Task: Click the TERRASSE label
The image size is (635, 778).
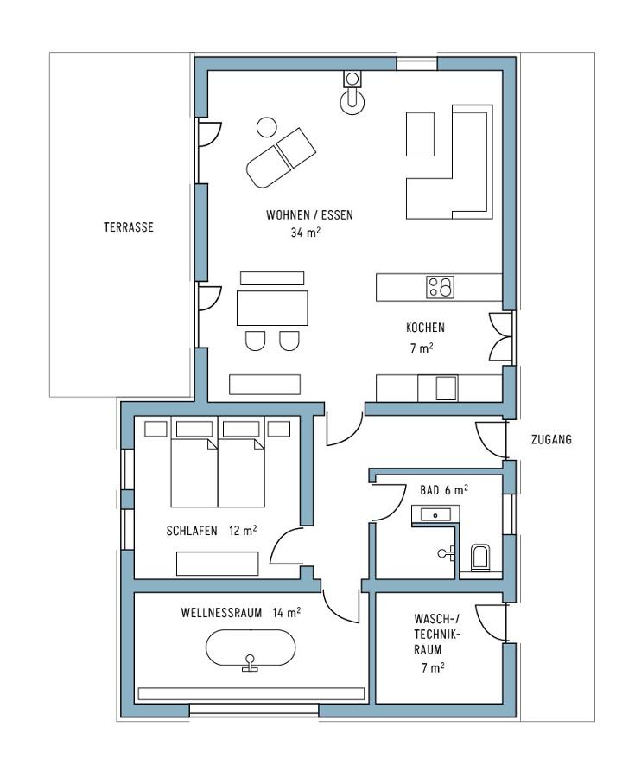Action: point(129,227)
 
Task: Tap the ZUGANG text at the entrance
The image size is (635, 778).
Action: point(551,439)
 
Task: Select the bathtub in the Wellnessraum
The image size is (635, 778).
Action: point(251,648)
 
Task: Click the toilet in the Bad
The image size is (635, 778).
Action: point(479,558)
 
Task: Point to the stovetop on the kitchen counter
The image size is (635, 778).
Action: point(440,287)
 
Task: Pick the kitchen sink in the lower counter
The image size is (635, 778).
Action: point(446,388)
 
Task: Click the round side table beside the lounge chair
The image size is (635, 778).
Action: point(267,128)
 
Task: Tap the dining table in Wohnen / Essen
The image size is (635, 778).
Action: point(272,308)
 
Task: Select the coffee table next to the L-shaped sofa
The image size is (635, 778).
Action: point(421,134)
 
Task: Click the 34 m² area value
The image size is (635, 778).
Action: point(305,233)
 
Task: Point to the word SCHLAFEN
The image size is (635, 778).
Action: point(192,531)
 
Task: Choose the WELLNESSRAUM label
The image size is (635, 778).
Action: point(221,613)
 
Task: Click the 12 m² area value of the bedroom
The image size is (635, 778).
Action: point(243,531)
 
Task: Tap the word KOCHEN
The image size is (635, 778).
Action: point(425,328)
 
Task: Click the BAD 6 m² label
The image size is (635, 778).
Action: point(444,490)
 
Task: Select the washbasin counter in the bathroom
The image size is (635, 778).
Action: point(435,515)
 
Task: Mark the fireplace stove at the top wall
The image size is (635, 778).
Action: point(352,93)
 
